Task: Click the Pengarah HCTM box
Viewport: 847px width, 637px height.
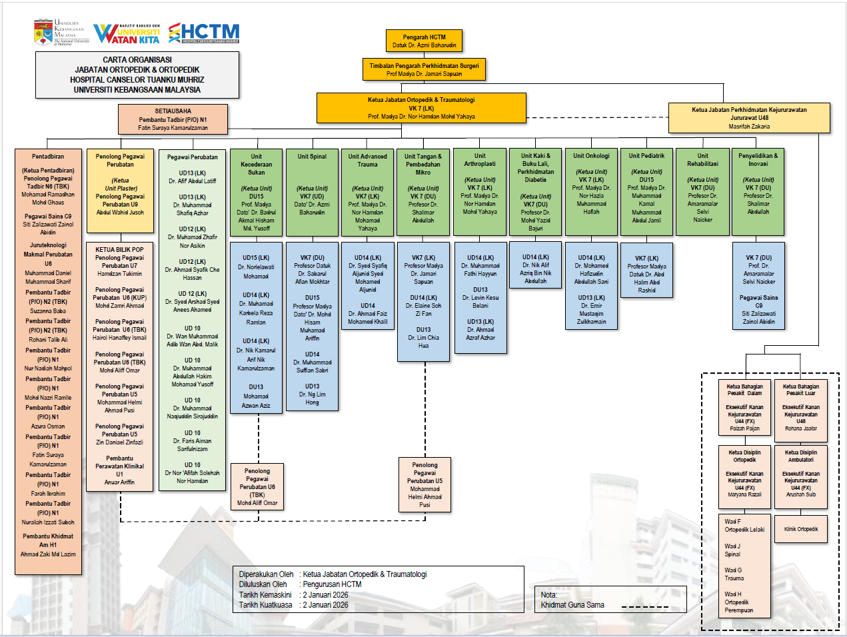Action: [x=424, y=41]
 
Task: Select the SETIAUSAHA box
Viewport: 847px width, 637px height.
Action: [x=173, y=119]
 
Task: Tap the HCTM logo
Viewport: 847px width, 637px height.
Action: [x=203, y=33]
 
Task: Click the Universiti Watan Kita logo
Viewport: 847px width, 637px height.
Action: [x=127, y=34]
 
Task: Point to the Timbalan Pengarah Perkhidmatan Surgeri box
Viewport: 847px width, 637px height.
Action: [x=424, y=69]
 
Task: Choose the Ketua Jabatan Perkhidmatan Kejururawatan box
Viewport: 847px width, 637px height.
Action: [x=749, y=118]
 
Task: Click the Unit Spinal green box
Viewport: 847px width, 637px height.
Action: [x=312, y=193]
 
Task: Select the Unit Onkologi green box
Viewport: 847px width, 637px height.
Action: [x=591, y=193]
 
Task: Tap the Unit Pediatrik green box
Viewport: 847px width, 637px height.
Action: [x=646, y=193]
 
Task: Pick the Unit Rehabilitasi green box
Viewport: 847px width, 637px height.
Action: [x=702, y=193]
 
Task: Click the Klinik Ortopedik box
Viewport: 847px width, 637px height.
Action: [x=800, y=529]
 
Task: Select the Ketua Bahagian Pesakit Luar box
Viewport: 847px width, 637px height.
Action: [x=800, y=410]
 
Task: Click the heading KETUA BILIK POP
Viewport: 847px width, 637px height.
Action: [x=119, y=250]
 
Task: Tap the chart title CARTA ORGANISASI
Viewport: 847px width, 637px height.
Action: [x=137, y=60]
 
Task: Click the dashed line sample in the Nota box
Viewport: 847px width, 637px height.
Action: [x=644, y=606]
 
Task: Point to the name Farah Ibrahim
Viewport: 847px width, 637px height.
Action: [x=48, y=494]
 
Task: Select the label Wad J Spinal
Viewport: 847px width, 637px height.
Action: [x=732, y=550]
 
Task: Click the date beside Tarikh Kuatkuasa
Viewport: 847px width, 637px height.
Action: [x=325, y=605]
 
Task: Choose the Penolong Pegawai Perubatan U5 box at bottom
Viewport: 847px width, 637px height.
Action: [x=424, y=484]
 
